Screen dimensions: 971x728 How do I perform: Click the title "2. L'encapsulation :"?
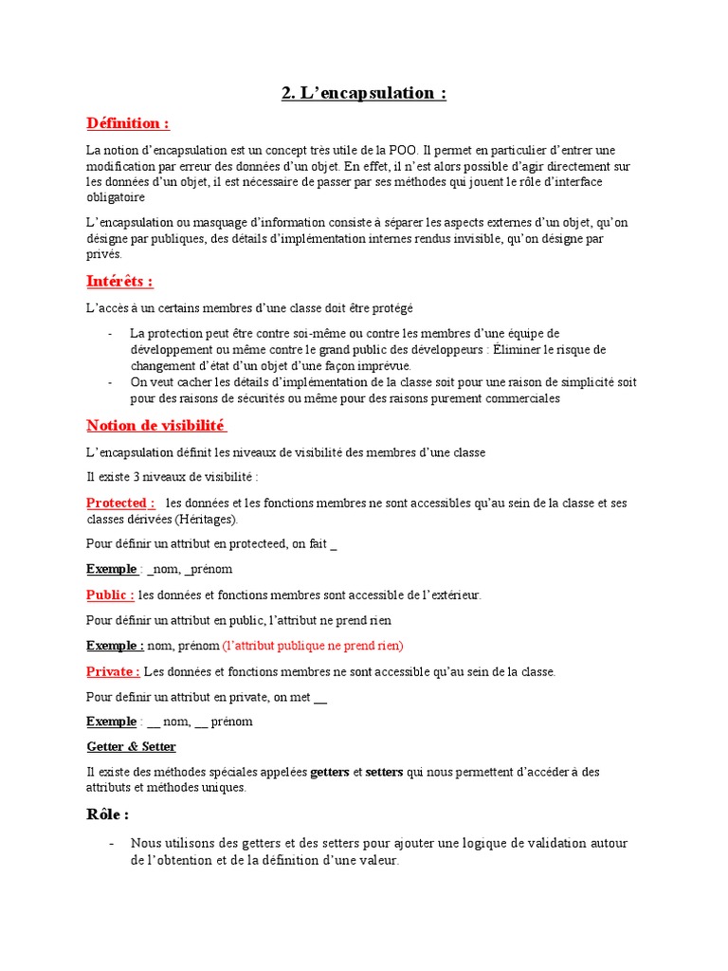364,93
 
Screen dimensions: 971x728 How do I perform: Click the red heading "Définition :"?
128,123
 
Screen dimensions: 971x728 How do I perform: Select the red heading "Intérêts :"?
119,282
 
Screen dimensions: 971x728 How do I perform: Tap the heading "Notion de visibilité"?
156,425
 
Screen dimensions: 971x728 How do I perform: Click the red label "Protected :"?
120,503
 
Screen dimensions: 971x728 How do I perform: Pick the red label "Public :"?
110,595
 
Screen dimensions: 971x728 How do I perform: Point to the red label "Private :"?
113,671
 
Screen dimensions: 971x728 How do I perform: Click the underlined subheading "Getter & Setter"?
131,747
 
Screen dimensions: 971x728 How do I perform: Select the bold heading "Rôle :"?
108,815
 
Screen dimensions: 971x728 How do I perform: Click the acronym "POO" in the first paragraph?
400,151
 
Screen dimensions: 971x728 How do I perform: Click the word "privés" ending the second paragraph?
104,254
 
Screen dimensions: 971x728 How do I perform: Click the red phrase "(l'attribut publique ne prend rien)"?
313,646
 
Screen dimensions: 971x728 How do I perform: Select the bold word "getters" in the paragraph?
330,772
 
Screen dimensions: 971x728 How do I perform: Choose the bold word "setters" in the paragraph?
384,772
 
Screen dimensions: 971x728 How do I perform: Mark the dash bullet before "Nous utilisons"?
112,843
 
